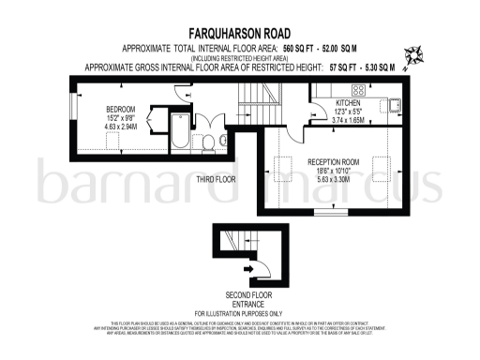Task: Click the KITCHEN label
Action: pyautogui.click(x=350, y=102)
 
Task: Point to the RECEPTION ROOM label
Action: pyautogui.click(x=336, y=162)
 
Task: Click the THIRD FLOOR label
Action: pyautogui.click(x=216, y=178)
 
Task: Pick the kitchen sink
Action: pyautogui.click(x=395, y=104)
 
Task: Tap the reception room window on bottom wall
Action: pyautogui.click(x=326, y=211)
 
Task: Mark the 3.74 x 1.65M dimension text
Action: pyautogui.click(x=350, y=121)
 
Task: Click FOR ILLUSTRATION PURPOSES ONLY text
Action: pyautogui.click(x=240, y=313)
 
